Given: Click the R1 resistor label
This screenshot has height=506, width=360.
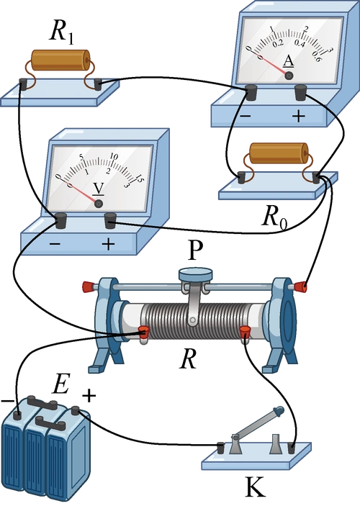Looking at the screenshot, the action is click(x=61, y=32).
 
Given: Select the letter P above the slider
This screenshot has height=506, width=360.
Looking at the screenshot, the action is click(x=195, y=250).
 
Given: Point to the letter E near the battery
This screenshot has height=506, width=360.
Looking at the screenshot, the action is click(x=60, y=384).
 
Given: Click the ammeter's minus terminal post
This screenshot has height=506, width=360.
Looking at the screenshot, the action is click(x=251, y=91).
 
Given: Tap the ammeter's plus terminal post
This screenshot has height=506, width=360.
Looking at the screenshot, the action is click(x=300, y=91).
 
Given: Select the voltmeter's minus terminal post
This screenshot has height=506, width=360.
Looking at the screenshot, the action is click(x=61, y=221).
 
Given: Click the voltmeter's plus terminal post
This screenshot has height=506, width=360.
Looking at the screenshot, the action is click(x=110, y=220).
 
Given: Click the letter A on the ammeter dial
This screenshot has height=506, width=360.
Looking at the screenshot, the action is click(x=288, y=61).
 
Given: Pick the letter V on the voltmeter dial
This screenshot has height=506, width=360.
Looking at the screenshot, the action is click(x=99, y=189).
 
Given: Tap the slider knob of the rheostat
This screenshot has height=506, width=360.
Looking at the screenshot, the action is click(x=195, y=275).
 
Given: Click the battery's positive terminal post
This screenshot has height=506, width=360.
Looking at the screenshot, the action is click(x=76, y=411).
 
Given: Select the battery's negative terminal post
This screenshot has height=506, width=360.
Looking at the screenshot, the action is click(x=17, y=414).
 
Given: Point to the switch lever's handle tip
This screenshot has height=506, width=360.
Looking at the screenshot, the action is click(x=279, y=411).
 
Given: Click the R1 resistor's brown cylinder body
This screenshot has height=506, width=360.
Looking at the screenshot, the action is click(x=60, y=60).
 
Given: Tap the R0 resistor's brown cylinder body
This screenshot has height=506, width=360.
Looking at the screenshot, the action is click(x=279, y=152).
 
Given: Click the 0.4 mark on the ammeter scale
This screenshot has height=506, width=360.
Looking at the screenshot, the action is click(x=300, y=43).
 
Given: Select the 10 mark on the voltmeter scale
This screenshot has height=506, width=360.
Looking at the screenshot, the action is click(x=114, y=156).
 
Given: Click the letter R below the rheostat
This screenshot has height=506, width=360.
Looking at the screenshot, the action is click(x=188, y=359).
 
